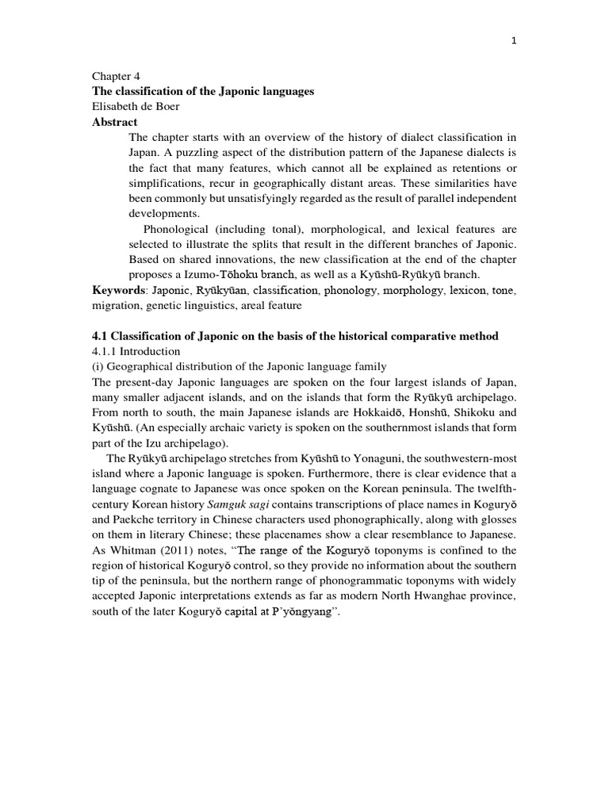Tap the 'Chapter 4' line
click(113, 77)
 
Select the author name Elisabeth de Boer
click(138, 107)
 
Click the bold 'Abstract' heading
click(115, 122)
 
